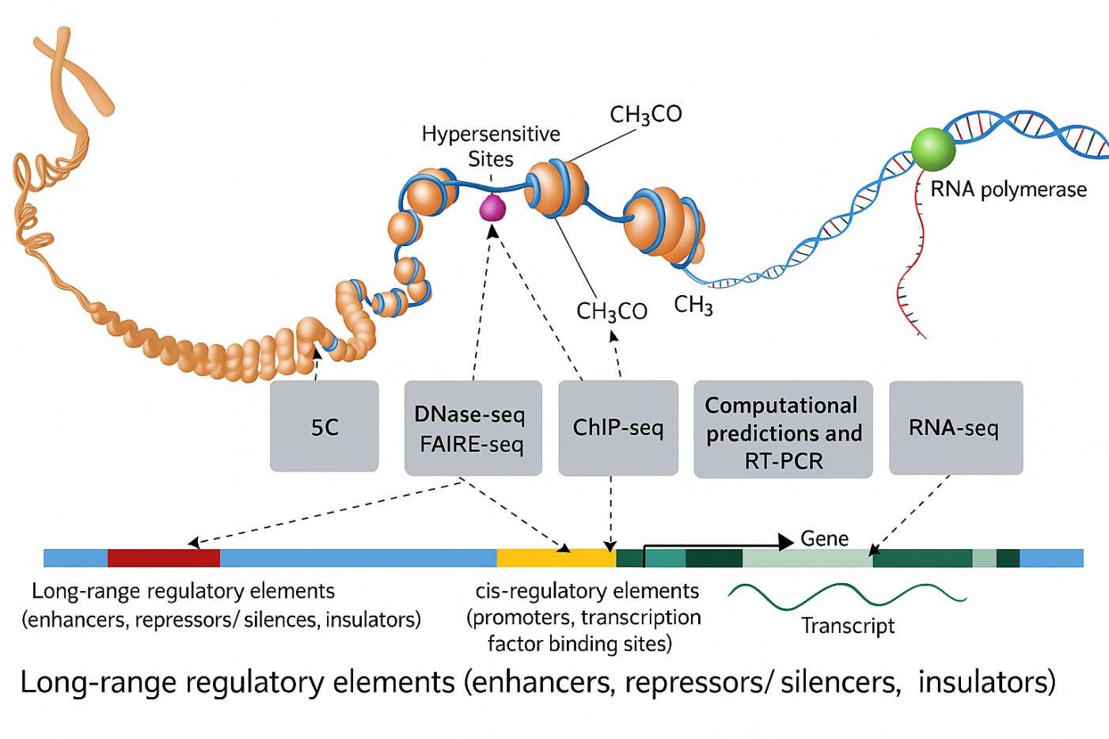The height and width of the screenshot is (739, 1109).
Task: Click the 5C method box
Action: (325, 426)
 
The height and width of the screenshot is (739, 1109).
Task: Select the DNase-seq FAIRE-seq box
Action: (473, 428)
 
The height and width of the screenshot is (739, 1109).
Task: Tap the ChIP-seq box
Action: (618, 428)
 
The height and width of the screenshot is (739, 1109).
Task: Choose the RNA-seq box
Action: (955, 428)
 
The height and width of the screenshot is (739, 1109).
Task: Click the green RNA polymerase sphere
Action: (933, 147)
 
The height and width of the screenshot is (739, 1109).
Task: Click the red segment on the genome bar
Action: (163, 558)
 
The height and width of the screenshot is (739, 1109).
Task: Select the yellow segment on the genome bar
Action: (556, 558)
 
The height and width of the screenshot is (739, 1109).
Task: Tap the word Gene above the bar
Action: (824, 539)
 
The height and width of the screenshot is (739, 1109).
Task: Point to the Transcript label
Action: (848, 626)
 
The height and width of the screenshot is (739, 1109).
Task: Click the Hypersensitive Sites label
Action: (491, 146)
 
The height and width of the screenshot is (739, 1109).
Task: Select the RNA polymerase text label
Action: (1008, 190)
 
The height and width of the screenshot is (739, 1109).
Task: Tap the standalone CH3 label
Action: (693, 305)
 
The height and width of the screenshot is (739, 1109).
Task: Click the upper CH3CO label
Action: (646, 116)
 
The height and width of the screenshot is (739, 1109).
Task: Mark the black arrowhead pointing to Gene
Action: (785, 542)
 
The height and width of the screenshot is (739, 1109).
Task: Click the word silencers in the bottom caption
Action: (841, 682)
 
